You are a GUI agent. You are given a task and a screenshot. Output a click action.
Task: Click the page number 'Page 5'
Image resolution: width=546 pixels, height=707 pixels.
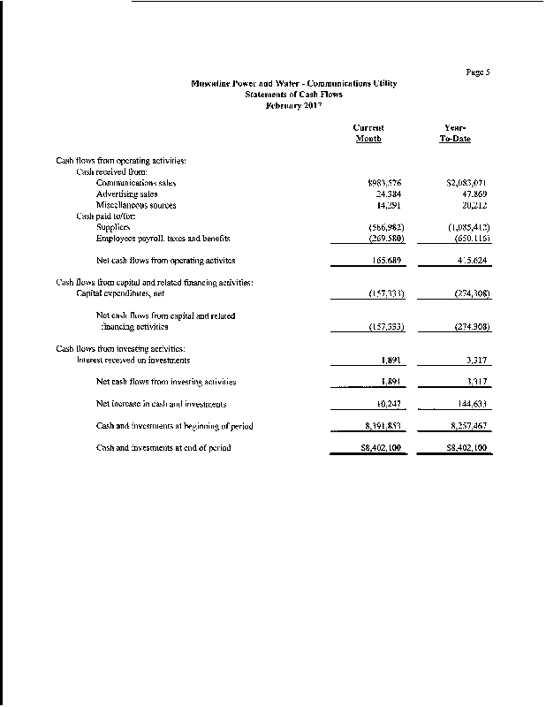click(477, 72)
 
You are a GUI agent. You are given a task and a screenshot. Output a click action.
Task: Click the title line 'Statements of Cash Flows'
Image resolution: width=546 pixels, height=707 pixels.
click(294, 94)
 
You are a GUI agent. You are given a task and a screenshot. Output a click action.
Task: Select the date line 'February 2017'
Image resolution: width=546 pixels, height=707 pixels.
click(294, 104)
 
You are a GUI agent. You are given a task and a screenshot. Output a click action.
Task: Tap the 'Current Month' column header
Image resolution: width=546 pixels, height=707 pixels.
click(368, 133)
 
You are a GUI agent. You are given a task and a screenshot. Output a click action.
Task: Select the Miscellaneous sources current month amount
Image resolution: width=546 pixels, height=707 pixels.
click(389, 205)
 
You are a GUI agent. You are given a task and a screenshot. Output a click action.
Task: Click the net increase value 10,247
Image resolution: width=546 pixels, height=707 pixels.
click(389, 404)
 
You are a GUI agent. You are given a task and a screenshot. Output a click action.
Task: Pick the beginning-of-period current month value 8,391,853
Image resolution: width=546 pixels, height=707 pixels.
click(383, 426)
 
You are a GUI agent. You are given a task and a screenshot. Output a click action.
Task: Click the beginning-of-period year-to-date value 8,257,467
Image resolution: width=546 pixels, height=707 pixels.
click(469, 426)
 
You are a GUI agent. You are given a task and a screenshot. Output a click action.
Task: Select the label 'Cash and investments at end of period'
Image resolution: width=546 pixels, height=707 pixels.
click(163, 448)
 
